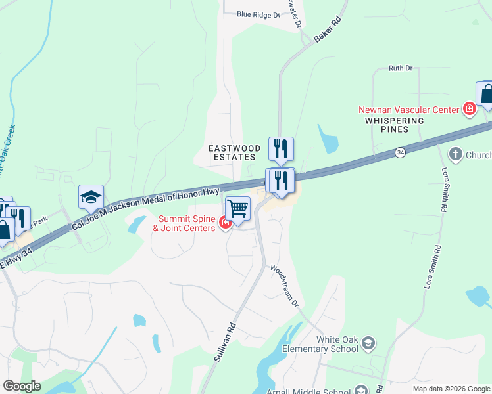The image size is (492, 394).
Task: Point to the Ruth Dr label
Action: [401, 68]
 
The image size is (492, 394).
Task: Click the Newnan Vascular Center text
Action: [408, 110]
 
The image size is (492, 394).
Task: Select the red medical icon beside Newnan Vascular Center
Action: [470, 109]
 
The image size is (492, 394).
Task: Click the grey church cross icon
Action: [455, 155]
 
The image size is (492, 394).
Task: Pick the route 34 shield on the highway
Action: [400, 152]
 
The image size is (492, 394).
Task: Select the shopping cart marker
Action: [237, 209]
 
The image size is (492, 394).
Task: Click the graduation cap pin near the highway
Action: [91, 196]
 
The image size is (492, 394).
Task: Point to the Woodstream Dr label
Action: [285, 286]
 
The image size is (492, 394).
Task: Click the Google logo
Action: [22, 386]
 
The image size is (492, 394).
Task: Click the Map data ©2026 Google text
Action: [451, 389]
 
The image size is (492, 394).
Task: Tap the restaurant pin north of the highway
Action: [281, 148]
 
